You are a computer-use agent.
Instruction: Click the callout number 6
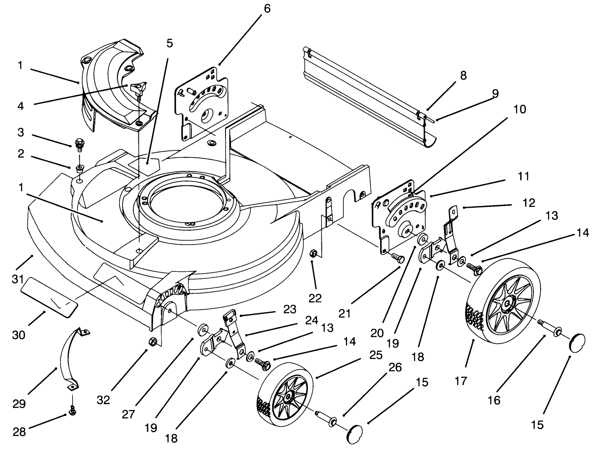[267, 8]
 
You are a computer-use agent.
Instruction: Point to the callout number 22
[315, 298]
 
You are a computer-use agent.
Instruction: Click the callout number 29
[19, 404]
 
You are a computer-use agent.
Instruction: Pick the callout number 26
[395, 367]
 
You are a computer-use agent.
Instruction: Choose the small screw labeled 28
[72, 411]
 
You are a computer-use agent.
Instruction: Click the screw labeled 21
[397, 258]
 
